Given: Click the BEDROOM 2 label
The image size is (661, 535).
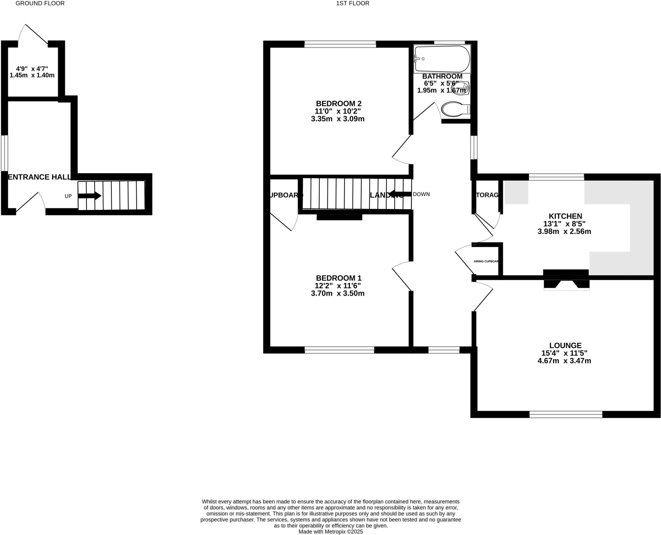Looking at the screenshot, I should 338,104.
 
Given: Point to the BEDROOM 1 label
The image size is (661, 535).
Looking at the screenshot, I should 338,278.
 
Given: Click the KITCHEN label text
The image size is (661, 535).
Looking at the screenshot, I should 565,216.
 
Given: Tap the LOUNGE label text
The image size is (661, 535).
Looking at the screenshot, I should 565,345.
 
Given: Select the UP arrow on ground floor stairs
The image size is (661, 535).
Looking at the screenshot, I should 90,196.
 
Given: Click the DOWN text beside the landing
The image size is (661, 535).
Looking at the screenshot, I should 421,194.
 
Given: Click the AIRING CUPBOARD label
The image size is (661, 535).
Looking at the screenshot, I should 486,261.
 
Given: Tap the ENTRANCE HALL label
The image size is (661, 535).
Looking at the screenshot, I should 39,177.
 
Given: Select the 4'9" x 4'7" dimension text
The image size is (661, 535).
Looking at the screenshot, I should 32,69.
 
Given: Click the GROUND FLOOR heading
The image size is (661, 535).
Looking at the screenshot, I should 40,4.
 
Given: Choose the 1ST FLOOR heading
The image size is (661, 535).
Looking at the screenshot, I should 352,4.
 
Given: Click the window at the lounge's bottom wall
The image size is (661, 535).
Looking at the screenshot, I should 565,414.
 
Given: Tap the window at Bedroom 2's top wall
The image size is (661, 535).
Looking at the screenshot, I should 340,44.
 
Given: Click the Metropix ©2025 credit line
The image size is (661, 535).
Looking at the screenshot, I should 330,531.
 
